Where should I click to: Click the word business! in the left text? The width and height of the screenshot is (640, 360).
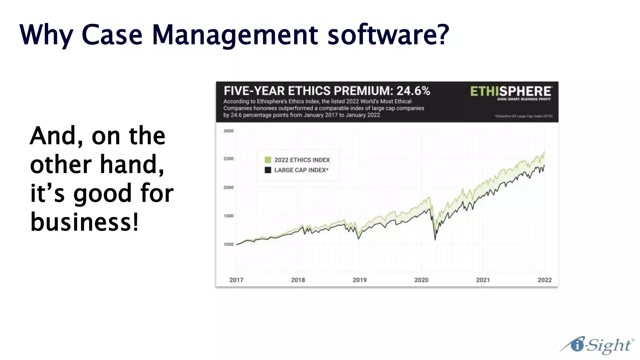click(84, 222)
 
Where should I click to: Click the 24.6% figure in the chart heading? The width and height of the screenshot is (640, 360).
click(413, 91)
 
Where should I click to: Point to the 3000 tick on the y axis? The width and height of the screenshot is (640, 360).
click(228, 131)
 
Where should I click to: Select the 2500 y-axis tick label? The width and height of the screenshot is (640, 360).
click(228, 159)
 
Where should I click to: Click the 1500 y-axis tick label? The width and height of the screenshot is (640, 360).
click(228, 216)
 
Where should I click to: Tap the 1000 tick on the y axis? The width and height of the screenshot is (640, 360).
click(228, 244)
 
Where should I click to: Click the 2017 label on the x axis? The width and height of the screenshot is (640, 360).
click(236, 280)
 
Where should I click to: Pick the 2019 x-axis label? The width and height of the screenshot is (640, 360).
click(360, 280)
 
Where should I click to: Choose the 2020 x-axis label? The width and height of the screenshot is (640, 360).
click(421, 280)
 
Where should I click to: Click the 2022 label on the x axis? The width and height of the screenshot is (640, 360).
click(545, 280)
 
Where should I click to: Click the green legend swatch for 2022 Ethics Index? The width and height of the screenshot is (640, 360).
click(268, 160)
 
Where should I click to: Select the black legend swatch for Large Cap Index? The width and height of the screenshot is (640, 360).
click(268, 170)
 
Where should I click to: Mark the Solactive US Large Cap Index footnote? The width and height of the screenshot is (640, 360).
click(523, 116)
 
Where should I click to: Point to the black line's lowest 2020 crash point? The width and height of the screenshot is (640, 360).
click(435, 240)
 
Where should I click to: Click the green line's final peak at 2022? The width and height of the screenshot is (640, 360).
click(544, 152)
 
